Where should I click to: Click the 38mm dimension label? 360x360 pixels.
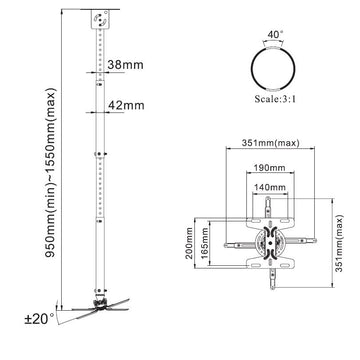click(125, 65)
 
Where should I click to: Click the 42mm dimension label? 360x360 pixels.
click(126, 105)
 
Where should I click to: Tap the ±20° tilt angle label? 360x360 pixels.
click(39, 319)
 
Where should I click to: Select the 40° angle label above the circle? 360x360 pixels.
click(275, 35)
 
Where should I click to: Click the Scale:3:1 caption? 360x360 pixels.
click(275, 99)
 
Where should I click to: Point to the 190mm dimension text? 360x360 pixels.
click(270, 168)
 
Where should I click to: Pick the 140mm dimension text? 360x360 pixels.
click(270, 188)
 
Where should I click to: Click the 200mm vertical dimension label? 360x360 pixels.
click(189, 244)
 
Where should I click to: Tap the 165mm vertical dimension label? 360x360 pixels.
click(205, 244)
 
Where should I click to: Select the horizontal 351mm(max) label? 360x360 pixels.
click(270, 143)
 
